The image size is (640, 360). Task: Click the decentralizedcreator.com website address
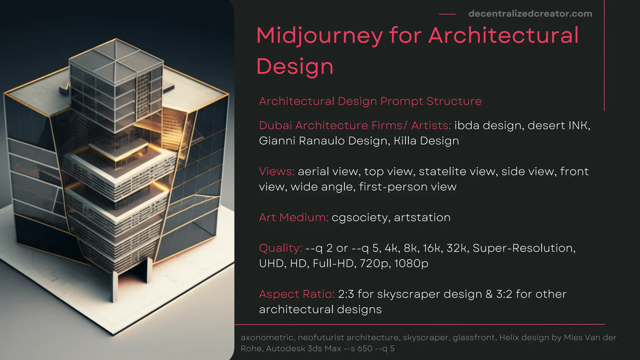tap(530, 14)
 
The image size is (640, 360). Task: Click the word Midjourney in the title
tap(319, 36)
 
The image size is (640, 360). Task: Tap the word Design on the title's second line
tap(295, 67)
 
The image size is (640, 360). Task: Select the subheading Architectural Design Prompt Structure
tap(370, 101)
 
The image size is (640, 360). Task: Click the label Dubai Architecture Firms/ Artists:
tap(355, 125)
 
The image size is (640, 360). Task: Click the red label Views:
tap(277, 171)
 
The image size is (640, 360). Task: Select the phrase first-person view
tap(407, 187)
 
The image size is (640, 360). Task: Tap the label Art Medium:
tap(293, 217)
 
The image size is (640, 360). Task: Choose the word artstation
tap(422, 217)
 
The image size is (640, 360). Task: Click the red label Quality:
tap(280, 248)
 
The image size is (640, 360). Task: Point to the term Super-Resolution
tap(523, 248)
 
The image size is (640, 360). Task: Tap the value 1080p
tap(411, 263)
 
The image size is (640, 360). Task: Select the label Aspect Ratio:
tap(297, 294)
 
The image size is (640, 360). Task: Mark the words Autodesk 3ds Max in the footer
tap(303, 348)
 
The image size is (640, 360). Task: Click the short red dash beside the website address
tap(447, 14)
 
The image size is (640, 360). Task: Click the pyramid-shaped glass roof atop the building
tap(116, 59)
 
